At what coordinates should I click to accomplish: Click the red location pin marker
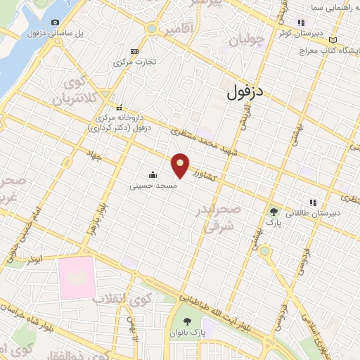(181, 165)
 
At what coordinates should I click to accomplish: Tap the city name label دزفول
(245, 91)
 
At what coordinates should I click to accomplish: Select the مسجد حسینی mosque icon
(153, 174)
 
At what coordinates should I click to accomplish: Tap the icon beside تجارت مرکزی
(134, 51)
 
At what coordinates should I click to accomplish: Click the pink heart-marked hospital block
(76, 276)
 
